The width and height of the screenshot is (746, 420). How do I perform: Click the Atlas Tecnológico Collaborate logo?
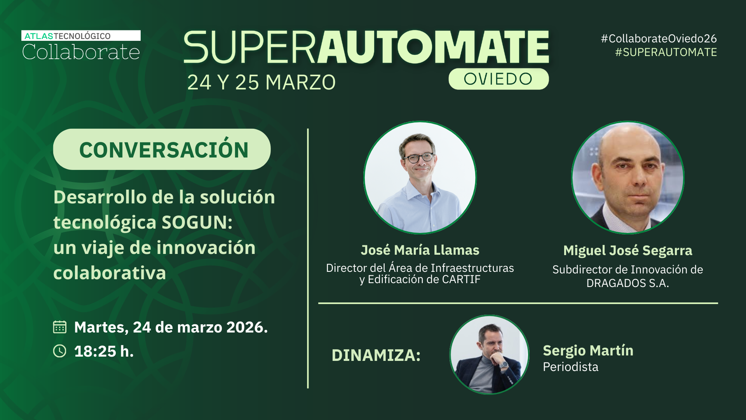81,45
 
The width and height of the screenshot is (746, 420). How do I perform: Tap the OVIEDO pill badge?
498,79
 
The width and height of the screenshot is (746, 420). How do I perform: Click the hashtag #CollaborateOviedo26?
659,38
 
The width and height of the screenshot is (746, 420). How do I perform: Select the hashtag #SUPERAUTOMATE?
666,52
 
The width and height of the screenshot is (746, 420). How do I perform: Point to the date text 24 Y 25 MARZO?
261,82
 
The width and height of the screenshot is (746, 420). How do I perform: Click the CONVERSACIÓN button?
162,149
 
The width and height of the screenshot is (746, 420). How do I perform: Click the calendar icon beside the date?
60,327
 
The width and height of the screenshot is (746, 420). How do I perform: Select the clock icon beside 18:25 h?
60,351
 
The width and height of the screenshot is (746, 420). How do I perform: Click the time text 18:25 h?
104,352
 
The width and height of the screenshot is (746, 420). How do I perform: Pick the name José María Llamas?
420,250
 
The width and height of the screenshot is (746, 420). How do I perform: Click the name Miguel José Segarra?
628,250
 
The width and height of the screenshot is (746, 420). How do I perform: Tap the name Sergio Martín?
588,350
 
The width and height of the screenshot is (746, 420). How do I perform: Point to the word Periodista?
570,367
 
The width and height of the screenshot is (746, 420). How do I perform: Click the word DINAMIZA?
376,355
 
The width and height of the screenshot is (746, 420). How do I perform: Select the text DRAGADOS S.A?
628,283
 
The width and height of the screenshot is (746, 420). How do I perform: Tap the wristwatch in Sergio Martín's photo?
504,365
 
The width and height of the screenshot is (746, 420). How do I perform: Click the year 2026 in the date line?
247,327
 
